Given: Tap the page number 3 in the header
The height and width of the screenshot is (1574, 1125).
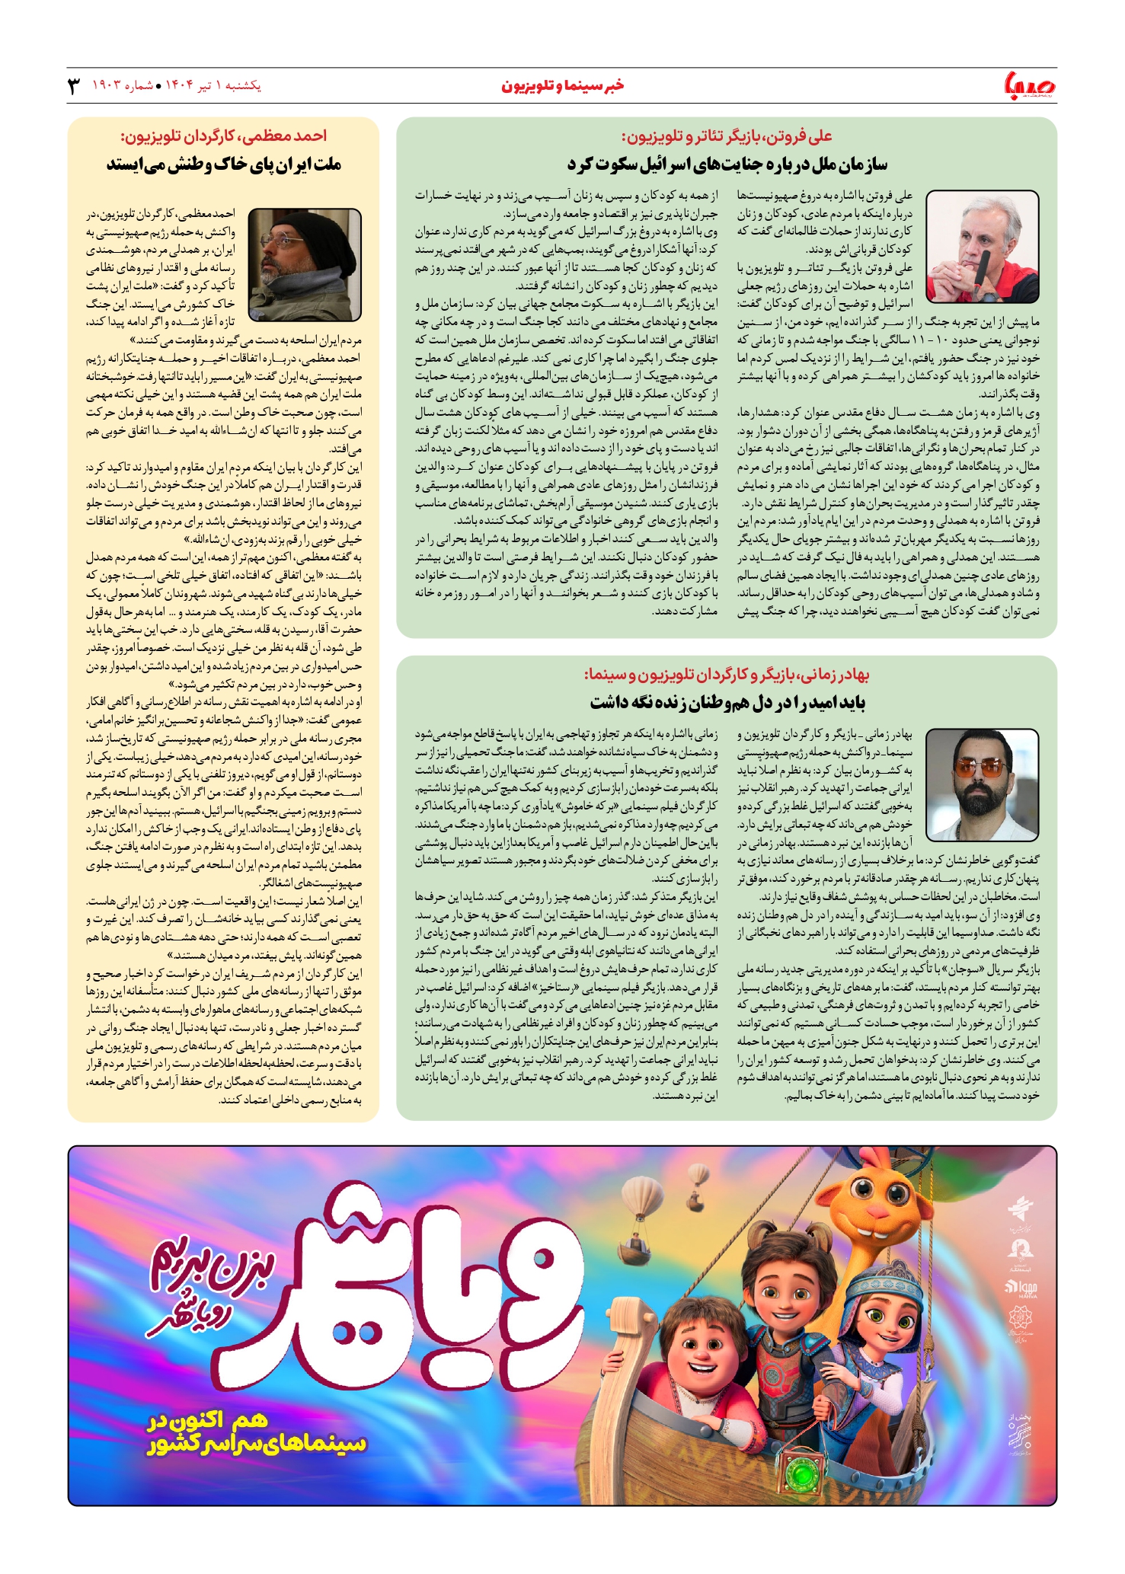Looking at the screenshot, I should point(74,85).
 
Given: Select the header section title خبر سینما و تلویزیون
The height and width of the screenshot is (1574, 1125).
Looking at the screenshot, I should point(562,85).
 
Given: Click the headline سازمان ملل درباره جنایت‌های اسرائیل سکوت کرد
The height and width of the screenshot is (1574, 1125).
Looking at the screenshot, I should point(727,164).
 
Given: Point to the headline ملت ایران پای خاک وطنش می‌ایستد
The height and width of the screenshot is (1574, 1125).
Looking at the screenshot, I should point(223,164).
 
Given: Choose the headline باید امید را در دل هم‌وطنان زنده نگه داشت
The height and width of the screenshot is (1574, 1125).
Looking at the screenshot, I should point(727,701).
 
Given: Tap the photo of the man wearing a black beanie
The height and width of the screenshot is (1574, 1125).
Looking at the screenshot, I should point(305,264).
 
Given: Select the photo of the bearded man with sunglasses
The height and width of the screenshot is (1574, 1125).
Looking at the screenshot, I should point(982,784).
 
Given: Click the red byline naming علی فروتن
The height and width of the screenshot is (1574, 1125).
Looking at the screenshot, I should point(727,136).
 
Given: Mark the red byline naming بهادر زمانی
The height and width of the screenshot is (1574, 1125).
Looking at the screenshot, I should point(727,675).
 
